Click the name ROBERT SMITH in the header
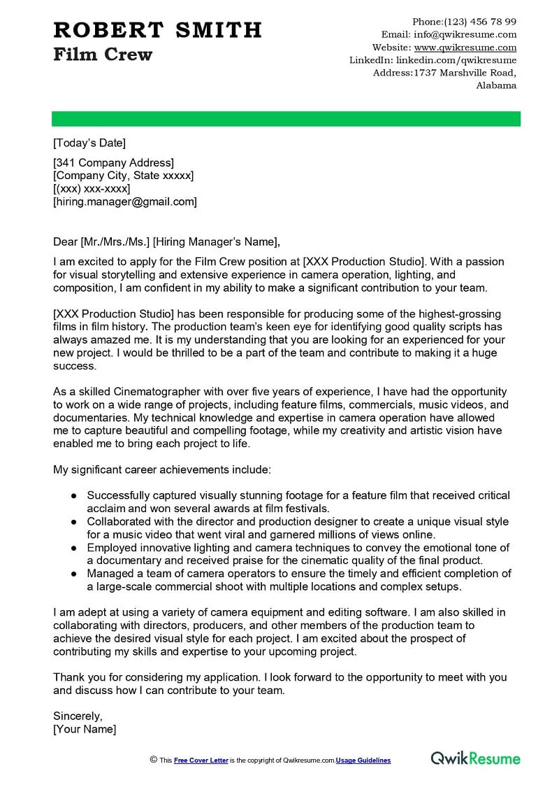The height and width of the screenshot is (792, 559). [x=157, y=30]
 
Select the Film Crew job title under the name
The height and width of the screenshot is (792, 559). [x=103, y=55]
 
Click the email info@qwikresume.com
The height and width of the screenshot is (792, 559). [x=465, y=34]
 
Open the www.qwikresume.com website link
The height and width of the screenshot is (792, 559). [x=465, y=48]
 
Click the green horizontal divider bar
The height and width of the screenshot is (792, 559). [x=286, y=119]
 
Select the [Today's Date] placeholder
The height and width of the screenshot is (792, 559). [x=89, y=143]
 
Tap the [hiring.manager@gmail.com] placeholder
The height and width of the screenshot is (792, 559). [x=125, y=201]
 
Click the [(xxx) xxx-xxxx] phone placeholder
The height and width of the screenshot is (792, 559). [x=92, y=189]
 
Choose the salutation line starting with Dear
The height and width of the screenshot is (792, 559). [x=166, y=242]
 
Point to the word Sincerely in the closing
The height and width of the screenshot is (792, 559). [x=78, y=716]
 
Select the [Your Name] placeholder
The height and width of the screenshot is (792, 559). [x=85, y=729]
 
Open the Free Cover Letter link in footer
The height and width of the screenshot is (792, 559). [x=201, y=761]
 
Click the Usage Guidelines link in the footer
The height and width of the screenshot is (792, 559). [x=363, y=761]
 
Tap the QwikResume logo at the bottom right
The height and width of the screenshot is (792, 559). [x=475, y=758]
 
